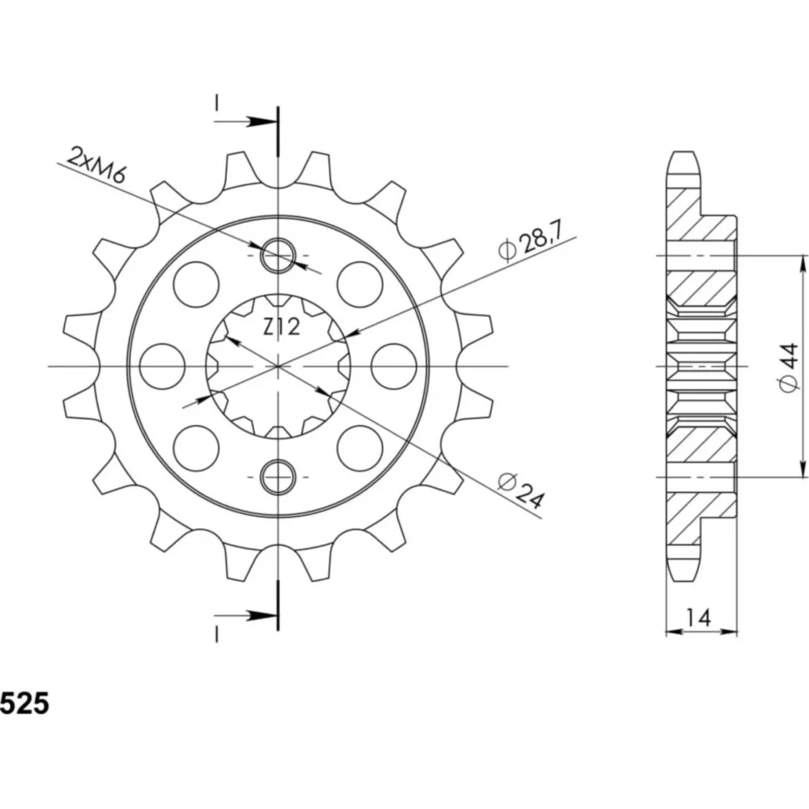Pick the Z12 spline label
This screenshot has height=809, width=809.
282,327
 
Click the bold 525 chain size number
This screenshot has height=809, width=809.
24,703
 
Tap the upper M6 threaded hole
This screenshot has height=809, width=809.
278,256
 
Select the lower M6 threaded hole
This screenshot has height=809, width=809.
278,477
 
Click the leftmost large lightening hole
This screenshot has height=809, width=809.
162,366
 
